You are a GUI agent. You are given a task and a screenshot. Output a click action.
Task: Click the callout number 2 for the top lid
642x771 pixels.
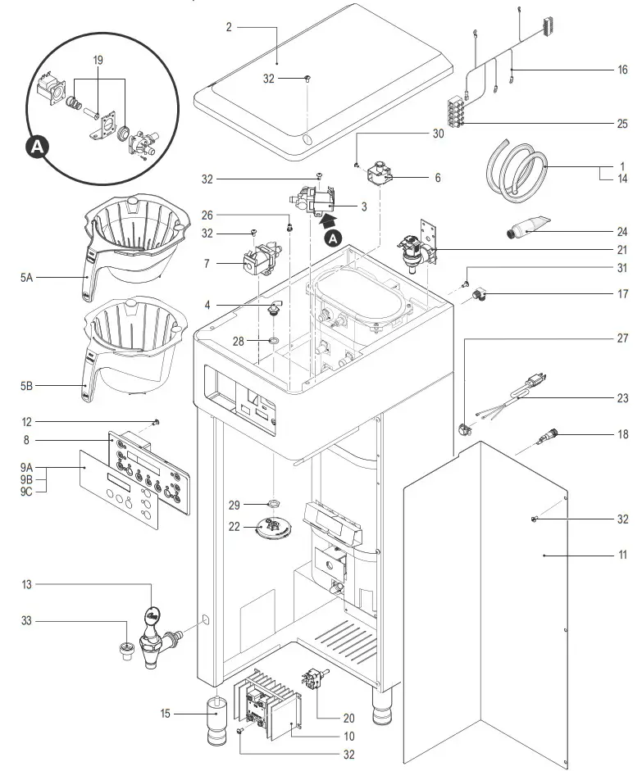coord(229,27)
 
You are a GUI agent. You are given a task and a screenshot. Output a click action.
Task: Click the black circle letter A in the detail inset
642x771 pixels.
coord(36,147)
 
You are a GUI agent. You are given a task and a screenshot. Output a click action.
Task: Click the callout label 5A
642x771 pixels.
coord(27,278)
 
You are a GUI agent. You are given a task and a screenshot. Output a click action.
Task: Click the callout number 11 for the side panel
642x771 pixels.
coord(622,555)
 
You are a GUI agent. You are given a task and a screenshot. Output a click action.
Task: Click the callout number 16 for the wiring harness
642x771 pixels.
coord(622,70)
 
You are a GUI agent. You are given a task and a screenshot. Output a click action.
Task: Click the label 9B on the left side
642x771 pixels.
coord(27,479)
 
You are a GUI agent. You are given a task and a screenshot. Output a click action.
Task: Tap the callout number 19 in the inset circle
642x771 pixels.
coord(98,60)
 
